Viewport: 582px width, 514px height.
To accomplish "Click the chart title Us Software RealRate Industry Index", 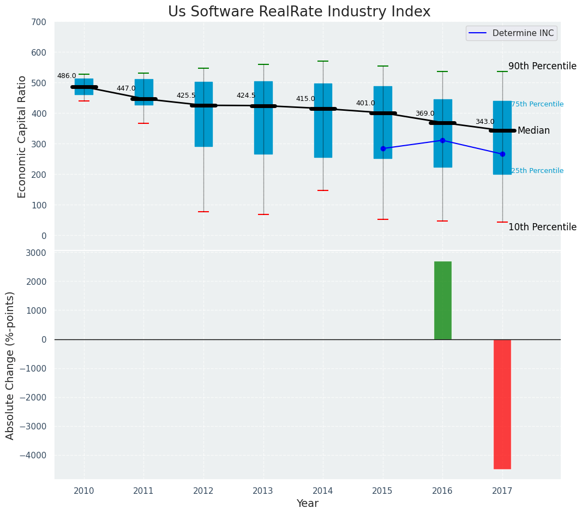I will point(299,12).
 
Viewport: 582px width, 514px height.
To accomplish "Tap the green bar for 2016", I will point(442,300).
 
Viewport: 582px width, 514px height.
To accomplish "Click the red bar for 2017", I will point(502,404).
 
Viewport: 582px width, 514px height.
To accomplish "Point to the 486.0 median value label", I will point(67,76).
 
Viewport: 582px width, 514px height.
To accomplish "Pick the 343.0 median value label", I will point(484,122).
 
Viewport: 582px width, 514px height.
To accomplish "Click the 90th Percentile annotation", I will point(542,66).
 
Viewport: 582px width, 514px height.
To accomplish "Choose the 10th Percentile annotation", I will point(542,227).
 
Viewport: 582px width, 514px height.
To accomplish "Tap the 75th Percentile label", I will point(537,104).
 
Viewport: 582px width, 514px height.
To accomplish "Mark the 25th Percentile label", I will point(537,171).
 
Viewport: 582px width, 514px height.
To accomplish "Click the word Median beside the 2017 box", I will point(533,131).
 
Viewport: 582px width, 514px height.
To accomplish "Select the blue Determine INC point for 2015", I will point(383,148).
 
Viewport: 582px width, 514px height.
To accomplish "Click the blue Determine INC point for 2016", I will point(442,140).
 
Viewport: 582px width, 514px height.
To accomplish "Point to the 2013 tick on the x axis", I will point(263,491).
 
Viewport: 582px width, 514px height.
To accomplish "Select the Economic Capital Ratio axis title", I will point(22,136).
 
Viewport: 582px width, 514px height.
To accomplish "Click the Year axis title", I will point(307,504).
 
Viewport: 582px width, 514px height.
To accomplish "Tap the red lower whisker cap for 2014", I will point(323,190).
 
